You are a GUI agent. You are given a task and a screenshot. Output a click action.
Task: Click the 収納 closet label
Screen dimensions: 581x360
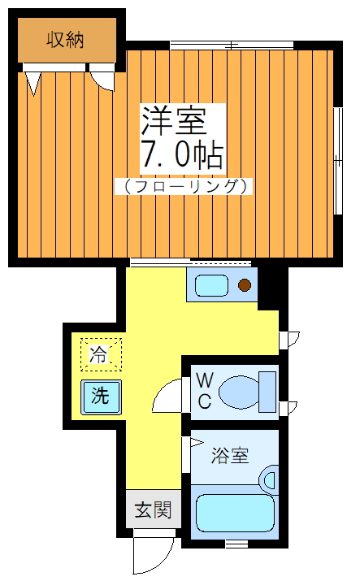tap(65, 39)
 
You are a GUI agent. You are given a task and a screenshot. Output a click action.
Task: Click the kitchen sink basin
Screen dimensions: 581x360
tap(213, 285)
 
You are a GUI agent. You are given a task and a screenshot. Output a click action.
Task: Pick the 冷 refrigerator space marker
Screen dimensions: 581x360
tap(99, 354)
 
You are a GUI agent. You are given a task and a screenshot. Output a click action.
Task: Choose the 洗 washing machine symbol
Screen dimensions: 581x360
tap(100, 397)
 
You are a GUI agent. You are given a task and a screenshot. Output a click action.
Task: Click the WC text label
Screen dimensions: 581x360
tap(204, 389)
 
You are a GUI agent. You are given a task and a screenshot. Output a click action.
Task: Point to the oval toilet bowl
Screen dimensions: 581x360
tap(236, 391)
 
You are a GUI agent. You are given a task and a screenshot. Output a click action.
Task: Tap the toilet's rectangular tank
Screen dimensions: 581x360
tap(267, 390)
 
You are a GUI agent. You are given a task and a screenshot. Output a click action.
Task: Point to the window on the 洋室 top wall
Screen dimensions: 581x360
tap(232, 45)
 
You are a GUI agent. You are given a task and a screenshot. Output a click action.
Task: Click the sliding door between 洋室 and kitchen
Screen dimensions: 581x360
tap(191, 262)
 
